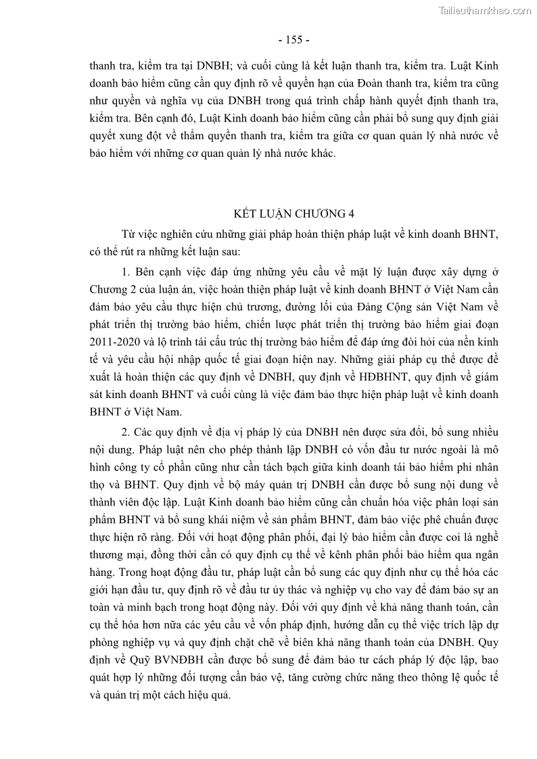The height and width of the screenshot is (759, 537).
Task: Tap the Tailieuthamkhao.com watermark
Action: click(x=485, y=10)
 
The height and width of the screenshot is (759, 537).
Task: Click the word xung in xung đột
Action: click(x=129, y=137)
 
